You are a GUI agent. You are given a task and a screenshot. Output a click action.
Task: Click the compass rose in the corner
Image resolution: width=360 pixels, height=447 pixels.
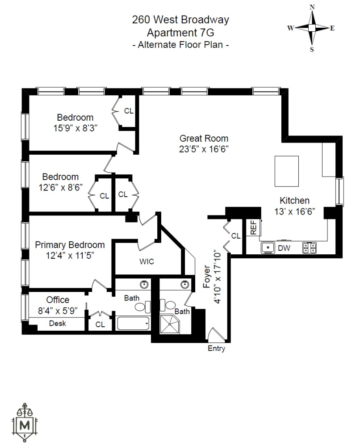tap(311, 28)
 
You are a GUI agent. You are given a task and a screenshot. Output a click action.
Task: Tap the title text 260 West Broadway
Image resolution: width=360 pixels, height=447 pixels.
tap(180, 20)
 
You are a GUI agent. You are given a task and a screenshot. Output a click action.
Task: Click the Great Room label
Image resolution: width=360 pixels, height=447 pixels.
tap(204, 139)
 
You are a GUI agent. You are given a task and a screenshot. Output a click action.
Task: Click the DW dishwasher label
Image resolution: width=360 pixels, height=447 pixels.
tap(283, 247)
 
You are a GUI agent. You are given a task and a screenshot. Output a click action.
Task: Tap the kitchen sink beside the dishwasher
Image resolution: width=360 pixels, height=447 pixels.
tap(268, 247)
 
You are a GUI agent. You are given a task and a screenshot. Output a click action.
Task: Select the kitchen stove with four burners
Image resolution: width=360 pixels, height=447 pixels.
tap(309, 247)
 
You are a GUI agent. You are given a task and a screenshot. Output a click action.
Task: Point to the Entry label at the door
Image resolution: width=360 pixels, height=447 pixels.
tap(217, 349)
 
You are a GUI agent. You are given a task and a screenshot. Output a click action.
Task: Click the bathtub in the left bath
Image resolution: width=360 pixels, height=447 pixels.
tap(133, 323)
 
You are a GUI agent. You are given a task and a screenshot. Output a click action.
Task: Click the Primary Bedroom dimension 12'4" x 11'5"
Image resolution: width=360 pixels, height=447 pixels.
tap(70, 255)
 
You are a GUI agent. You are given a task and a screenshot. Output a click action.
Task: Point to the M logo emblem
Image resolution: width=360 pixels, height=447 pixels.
tap(26, 422)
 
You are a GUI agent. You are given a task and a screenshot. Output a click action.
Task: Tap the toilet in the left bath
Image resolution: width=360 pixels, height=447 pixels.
tap(142, 307)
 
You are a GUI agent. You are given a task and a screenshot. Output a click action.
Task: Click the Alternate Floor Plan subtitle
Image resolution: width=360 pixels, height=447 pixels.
tap(180, 44)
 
